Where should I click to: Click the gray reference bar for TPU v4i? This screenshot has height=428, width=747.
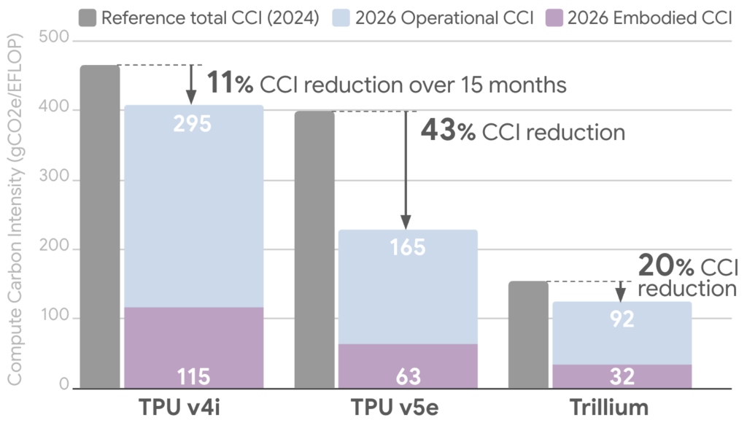tap(100, 226)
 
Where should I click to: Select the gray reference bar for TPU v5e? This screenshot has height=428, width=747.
tap(314, 249)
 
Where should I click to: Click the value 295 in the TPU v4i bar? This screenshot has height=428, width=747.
tap(193, 124)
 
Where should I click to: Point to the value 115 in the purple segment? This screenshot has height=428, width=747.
tap(193, 376)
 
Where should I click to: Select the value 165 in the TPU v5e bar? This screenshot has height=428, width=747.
tap(407, 248)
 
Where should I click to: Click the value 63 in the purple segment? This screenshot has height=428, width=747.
tap(407, 376)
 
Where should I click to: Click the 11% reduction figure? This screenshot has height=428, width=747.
tap(230, 84)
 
